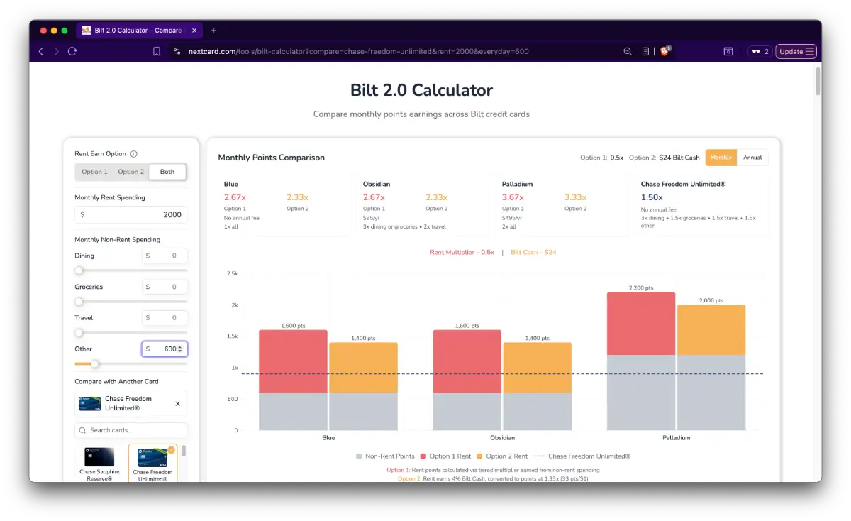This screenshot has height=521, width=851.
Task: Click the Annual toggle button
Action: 752,158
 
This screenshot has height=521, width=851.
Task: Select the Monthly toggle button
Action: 721,158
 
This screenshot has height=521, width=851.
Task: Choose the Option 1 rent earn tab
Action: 94,172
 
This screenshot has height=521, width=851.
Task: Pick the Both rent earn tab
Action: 167,172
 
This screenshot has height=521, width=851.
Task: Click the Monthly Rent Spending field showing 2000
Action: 131,214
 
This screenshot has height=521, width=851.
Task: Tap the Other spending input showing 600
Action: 165,349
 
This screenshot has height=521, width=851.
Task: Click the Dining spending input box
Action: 165,256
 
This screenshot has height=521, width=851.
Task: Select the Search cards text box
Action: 131,430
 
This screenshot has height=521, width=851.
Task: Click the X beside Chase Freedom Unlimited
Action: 177,404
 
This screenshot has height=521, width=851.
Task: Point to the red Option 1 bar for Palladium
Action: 640,324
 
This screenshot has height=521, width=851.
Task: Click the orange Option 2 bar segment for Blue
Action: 363,368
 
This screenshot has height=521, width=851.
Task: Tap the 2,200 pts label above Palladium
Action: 640,287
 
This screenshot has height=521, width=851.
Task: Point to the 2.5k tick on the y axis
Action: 232,273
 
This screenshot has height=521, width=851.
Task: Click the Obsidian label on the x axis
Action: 502,438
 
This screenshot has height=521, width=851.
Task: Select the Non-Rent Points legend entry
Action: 385,456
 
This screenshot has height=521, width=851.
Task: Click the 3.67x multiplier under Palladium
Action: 512,197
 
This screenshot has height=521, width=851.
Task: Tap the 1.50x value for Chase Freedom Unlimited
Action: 652,197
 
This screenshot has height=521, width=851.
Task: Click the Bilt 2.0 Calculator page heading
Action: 421,90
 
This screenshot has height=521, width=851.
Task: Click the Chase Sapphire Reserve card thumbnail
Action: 99,459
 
